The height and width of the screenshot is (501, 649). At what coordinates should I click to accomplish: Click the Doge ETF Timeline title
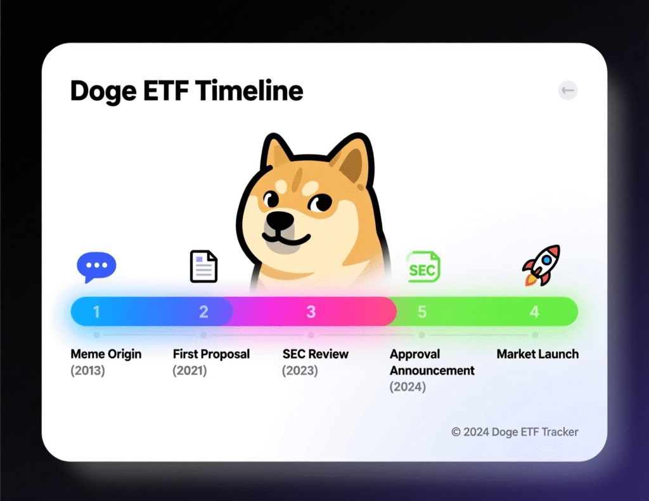186,91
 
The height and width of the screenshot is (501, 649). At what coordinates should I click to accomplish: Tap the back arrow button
568,91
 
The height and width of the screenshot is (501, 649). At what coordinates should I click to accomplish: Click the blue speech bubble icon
96,266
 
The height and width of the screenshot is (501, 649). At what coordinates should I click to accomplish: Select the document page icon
203,266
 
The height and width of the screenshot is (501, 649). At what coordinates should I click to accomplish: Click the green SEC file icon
423,268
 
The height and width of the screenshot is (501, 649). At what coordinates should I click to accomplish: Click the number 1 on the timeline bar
96,311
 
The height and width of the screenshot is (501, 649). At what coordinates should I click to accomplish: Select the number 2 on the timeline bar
203,311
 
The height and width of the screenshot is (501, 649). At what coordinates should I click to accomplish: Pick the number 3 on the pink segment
311,311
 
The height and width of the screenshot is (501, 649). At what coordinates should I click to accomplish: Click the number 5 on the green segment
422,311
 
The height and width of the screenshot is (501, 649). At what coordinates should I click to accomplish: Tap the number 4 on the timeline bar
534,311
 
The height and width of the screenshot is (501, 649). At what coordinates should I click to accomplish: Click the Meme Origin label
106,354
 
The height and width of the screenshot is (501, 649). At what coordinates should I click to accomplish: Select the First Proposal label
211,354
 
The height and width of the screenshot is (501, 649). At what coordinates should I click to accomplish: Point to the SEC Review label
316,354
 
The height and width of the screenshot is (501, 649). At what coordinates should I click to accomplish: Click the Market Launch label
537,354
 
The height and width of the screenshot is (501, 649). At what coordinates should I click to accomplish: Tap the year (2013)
87,370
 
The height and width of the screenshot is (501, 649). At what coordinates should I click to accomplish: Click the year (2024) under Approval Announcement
408,387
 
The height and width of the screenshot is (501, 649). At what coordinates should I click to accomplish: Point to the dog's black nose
280,221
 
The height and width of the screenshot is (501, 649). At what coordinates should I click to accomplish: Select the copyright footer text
515,432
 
